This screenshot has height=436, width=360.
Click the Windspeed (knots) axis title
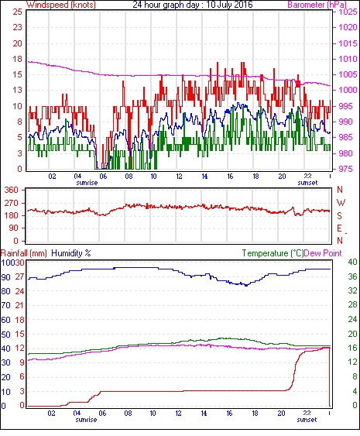pos(61,5)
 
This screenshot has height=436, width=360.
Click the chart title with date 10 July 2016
pos(193,5)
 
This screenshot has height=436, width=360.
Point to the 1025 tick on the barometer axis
pos(348,12)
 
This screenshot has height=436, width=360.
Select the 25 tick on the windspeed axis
pos(18,12)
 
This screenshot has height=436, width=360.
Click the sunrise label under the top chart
pos(87,183)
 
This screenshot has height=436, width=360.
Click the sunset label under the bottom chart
pos(307,420)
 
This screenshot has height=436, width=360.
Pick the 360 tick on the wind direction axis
pos(12,191)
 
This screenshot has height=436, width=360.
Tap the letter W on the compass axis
pos(341,203)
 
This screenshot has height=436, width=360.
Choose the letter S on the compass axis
pos(339,216)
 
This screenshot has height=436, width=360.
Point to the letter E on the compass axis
pos(339,228)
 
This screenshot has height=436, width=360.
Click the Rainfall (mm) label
pos(24,253)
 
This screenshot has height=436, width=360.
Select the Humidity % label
pos(71,253)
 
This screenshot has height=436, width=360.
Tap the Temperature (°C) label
pos(273,253)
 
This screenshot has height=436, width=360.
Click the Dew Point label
pos(323,253)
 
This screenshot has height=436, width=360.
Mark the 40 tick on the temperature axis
pos(353,262)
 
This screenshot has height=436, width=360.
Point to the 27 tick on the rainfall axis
pos(20,277)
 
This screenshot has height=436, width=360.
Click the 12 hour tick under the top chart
pos(179,177)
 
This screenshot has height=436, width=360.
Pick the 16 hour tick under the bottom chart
pos(229,414)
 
